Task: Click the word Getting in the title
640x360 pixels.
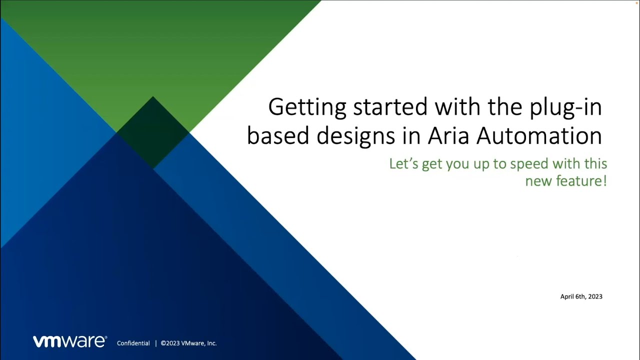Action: click(x=306, y=107)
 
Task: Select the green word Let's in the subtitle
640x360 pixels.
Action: click(x=403, y=164)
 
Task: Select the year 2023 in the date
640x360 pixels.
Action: click(x=595, y=296)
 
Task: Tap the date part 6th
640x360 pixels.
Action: click(x=580, y=296)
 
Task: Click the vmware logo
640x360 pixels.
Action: click(x=69, y=341)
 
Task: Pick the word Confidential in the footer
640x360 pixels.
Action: click(x=133, y=343)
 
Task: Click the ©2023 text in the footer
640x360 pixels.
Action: click(x=170, y=343)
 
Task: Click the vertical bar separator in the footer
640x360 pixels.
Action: click(x=155, y=343)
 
